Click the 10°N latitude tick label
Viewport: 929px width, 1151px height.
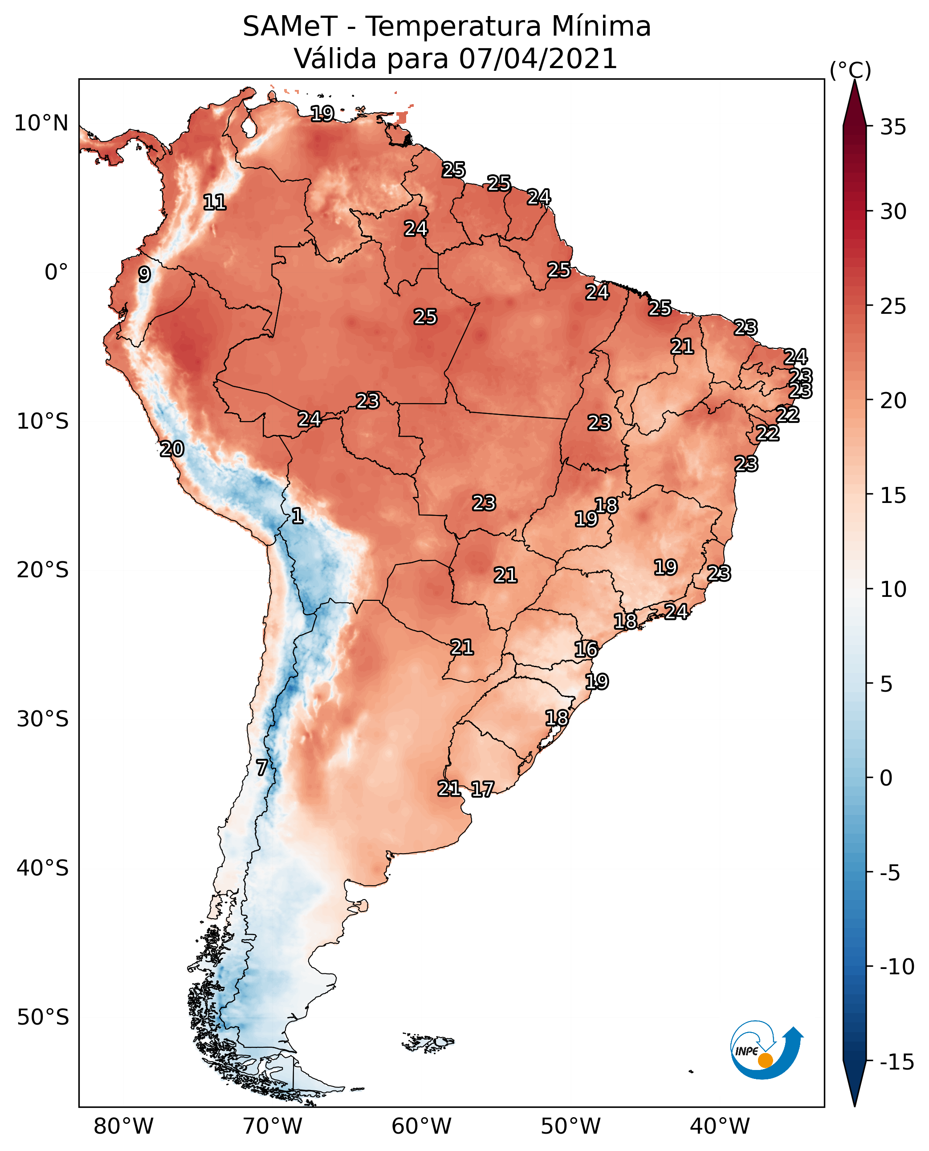(x=41, y=124)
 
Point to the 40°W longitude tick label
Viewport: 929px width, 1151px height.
(x=720, y=1127)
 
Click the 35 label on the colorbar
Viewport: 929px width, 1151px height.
(x=893, y=127)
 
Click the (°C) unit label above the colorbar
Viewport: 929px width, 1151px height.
(x=850, y=70)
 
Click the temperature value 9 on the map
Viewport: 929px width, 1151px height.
(x=144, y=274)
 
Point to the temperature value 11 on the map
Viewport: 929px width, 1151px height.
(x=215, y=202)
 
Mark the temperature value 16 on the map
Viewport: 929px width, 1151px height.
(x=586, y=649)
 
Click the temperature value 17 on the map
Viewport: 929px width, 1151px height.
(x=482, y=789)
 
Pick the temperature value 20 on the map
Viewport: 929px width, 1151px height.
(x=172, y=449)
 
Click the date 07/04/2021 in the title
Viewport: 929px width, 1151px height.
(x=538, y=58)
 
